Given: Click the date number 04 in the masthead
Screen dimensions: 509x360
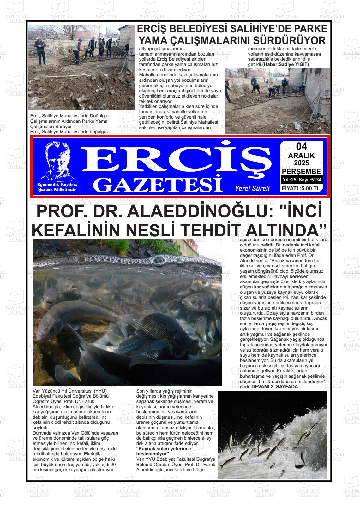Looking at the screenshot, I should tap(301, 146).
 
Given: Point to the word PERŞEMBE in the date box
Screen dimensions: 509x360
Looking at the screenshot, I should tap(301, 172).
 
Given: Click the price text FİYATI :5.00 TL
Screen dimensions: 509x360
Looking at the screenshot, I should tap(301, 189).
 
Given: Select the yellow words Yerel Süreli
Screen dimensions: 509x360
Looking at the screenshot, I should tap(252, 188).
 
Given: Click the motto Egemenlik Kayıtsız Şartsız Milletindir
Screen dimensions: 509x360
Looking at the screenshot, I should tap(57, 187).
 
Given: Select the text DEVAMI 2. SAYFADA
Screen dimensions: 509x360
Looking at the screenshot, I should tap(274, 387).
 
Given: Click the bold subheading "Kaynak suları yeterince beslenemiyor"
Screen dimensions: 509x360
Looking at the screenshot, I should tap(164, 451).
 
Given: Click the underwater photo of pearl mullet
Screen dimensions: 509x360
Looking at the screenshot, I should tap(127, 312).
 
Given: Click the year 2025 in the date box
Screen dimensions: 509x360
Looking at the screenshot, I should tap(301, 163).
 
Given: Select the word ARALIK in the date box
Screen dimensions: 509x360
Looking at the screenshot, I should tap(301, 155).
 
